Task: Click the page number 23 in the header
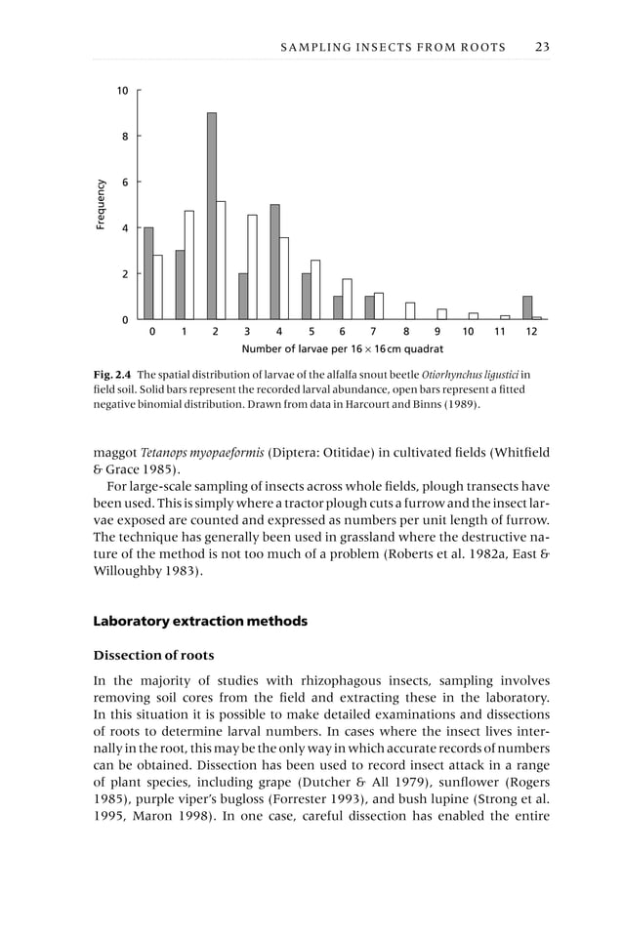coord(542,47)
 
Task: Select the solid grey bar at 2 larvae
coord(211,217)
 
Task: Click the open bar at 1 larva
coord(189,265)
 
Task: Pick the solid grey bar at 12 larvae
coord(527,308)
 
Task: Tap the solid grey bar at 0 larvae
coord(148,273)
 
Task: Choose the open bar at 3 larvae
coord(252,267)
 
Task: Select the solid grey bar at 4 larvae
coord(274,262)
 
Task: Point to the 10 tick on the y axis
coord(123,91)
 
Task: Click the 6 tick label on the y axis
coord(125,183)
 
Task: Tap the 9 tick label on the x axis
coord(436,333)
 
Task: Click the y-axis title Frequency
coord(100,205)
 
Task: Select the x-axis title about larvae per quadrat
coord(342,348)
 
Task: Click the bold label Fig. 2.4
coord(112,374)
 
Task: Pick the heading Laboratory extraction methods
coord(199,621)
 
